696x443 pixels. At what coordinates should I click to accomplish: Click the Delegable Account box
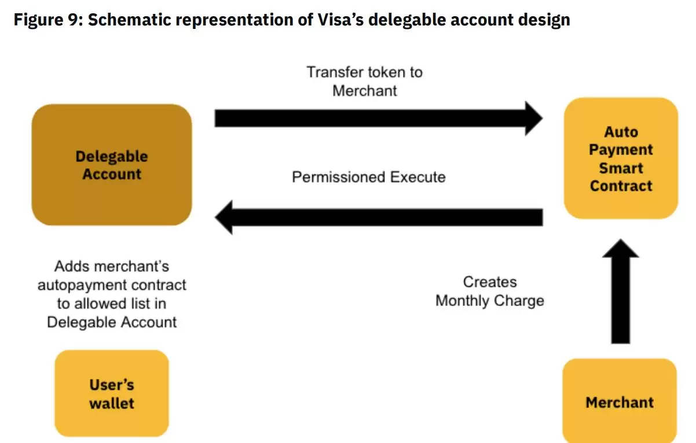click(x=112, y=165)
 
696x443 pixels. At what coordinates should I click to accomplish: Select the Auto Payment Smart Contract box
click(x=621, y=158)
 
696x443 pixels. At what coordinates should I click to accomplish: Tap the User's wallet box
click(x=112, y=393)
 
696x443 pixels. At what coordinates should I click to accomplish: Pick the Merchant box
click(x=620, y=402)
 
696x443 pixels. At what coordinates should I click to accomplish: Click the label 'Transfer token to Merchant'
click(x=365, y=81)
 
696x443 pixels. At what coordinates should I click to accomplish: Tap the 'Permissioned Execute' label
click(x=369, y=177)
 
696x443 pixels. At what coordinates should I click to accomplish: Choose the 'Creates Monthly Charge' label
click(x=490, y=291)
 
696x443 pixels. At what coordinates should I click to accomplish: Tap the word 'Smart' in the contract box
click(x=621, y=168)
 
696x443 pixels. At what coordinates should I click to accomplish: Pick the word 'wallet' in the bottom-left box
click(x=112, y=403)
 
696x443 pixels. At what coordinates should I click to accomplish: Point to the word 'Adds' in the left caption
click(x=71, y=267)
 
